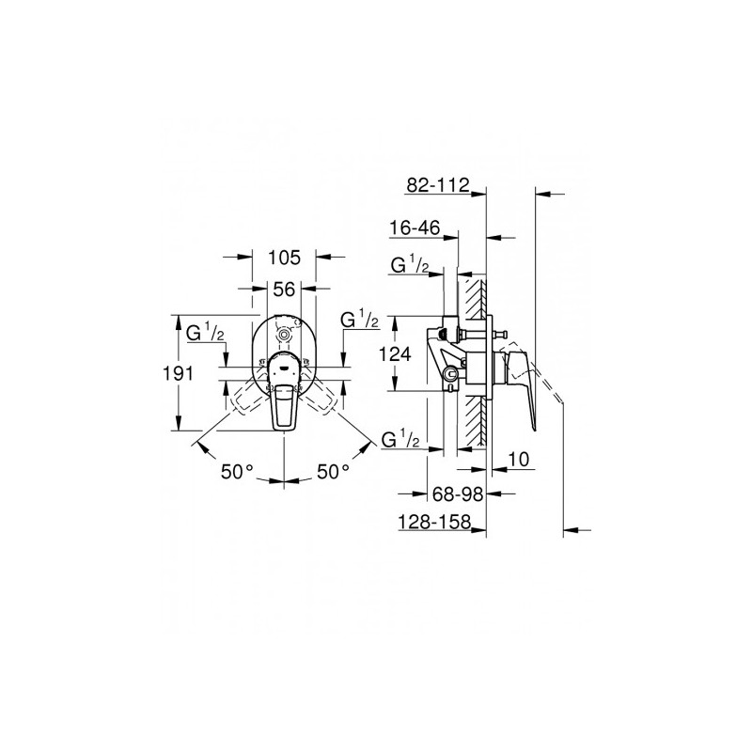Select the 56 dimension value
(x=285, y=290)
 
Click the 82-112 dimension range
(x=437, y=186)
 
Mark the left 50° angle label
(x=238, y=471)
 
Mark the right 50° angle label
(x=331, y=471)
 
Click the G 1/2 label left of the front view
(x=203, y=332)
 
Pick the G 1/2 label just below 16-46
(x=410, y=267)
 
